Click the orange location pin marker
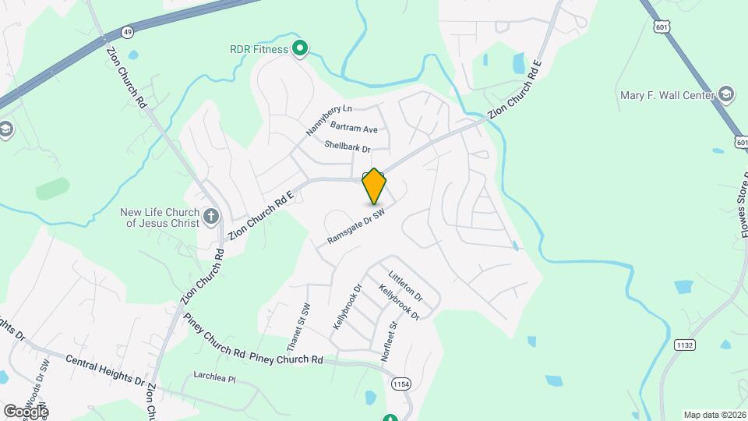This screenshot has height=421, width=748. (x=375, y=186)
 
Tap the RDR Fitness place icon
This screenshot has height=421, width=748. (x=300, y=50)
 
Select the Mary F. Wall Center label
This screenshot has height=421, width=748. (x=667, y=96)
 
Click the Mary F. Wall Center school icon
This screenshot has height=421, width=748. (x=727, y=95)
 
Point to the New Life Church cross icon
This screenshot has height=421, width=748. (x=211, y=217)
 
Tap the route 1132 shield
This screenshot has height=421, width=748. (x=685, y=345)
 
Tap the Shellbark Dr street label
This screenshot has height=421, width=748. (x=347, y=147)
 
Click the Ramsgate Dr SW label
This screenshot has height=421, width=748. (x=357, y=227)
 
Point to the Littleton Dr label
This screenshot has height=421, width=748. (x=405, y=287)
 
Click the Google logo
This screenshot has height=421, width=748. (x=25, y=411)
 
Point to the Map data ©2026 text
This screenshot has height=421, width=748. (x=714, y=415)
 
